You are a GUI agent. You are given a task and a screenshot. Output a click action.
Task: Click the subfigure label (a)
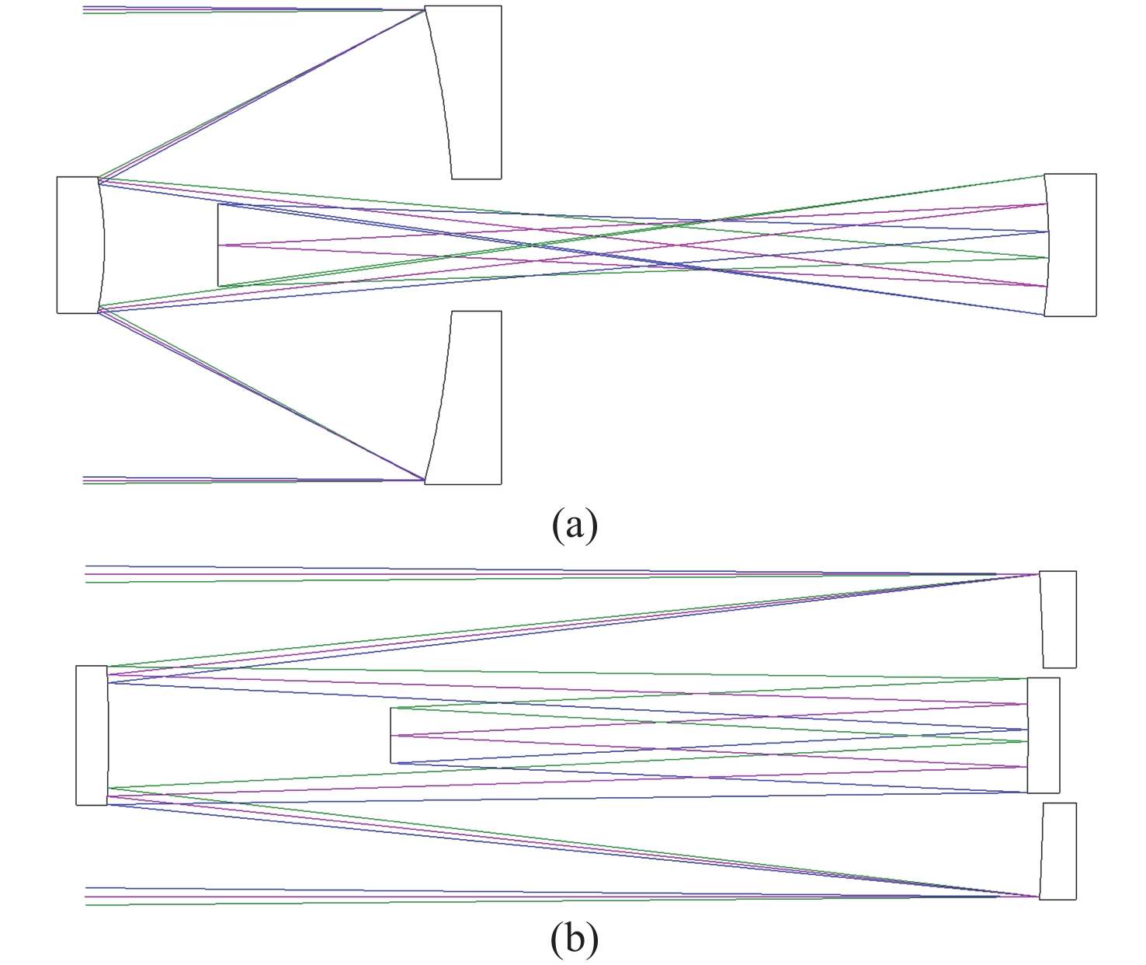click(x=575, y=525)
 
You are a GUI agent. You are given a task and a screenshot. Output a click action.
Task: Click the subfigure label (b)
click(x=575, y=939)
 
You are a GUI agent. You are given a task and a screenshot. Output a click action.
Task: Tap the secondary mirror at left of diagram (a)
click(x=80, y=245)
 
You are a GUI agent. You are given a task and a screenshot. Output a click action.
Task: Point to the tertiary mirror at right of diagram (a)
click(x=1071, y=245)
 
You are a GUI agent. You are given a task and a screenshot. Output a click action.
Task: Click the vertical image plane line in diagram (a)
click(x=219, y=245)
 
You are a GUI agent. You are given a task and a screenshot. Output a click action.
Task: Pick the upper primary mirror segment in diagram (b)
click(x=1059, y=619)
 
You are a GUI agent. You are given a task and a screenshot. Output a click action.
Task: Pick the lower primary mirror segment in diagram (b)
click(x=1059, y=851)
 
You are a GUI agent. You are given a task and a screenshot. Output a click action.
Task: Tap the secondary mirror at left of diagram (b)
click(x=92, y=735)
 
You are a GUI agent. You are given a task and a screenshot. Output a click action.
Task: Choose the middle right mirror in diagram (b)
click(x=1044, y=735)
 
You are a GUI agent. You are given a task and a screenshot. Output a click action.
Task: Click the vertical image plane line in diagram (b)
click(x=391, y=735)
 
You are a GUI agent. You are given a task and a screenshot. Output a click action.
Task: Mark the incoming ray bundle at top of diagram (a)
click(x=233, y=10)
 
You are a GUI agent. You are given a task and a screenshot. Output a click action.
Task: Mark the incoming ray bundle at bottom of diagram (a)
click(x=233, y=480)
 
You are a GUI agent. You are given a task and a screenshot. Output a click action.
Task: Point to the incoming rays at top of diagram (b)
click(x=466, y=574)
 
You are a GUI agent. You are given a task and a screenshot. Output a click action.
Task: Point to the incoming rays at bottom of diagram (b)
click(x=466, y=896)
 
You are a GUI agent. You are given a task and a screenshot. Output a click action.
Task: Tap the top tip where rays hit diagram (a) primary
click(x=425, y=10)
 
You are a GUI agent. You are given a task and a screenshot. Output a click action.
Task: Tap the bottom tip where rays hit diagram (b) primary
click(x=1040, y=897)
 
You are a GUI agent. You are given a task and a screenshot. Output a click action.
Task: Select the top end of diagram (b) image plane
click(x=391, y=709)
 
